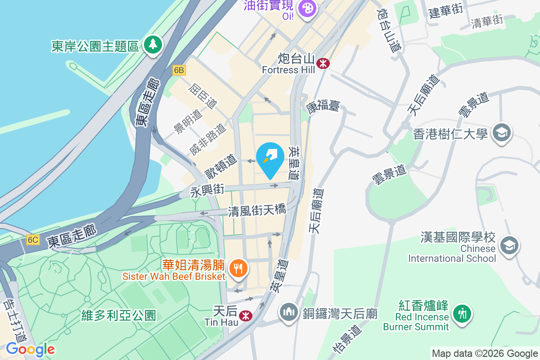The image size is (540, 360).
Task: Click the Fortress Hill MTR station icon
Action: (323, 63)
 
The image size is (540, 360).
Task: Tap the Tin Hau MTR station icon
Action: (245, 315)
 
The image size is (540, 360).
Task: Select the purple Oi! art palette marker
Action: (308, 8)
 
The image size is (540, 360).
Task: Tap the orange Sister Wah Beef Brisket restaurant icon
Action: (237, 269)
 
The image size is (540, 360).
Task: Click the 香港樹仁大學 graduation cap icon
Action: (501, 133)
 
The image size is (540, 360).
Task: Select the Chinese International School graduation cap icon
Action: (510, 245)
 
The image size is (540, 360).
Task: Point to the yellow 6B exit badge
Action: (179, 70)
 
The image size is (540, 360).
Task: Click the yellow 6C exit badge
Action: (33, 239)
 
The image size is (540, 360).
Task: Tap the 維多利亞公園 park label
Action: (119, 315)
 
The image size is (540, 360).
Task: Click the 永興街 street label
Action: (207, 191)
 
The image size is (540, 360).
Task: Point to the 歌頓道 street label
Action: (221, 166)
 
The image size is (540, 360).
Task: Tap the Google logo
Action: (31, 349)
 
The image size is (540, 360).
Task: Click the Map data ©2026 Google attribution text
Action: (485, 354)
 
